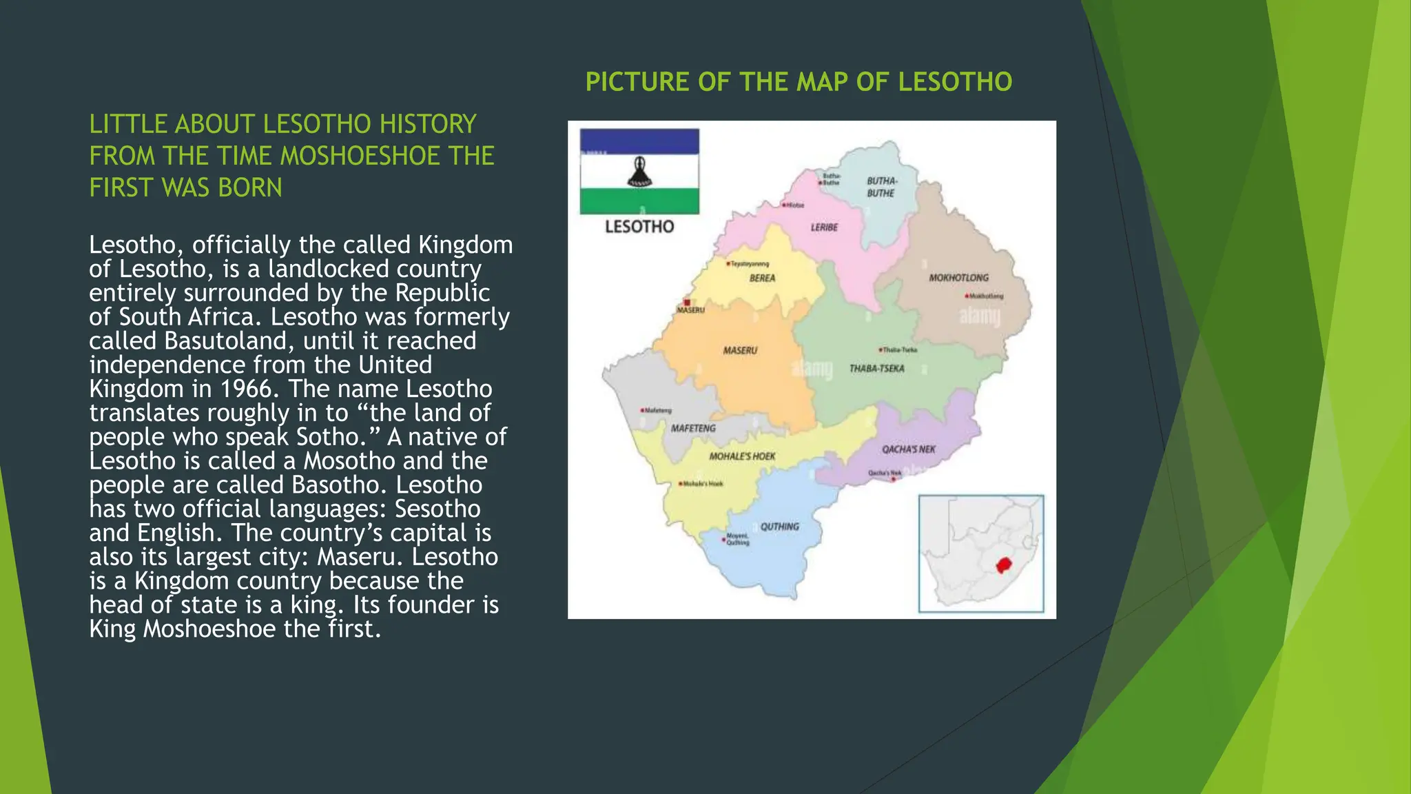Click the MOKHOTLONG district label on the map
pos(958,278)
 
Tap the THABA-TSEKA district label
pos(876,369)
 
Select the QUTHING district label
pos(780,527)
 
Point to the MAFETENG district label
pos(693,428)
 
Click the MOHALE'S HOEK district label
pos(742,456)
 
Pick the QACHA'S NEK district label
pos(909,449)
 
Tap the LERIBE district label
pos(824,227)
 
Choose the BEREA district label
pos(762,278)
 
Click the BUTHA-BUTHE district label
pos(881,187)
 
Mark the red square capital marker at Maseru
pos(687,303)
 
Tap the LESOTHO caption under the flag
pos(639,227)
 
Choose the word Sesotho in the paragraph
pos(437,509)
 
